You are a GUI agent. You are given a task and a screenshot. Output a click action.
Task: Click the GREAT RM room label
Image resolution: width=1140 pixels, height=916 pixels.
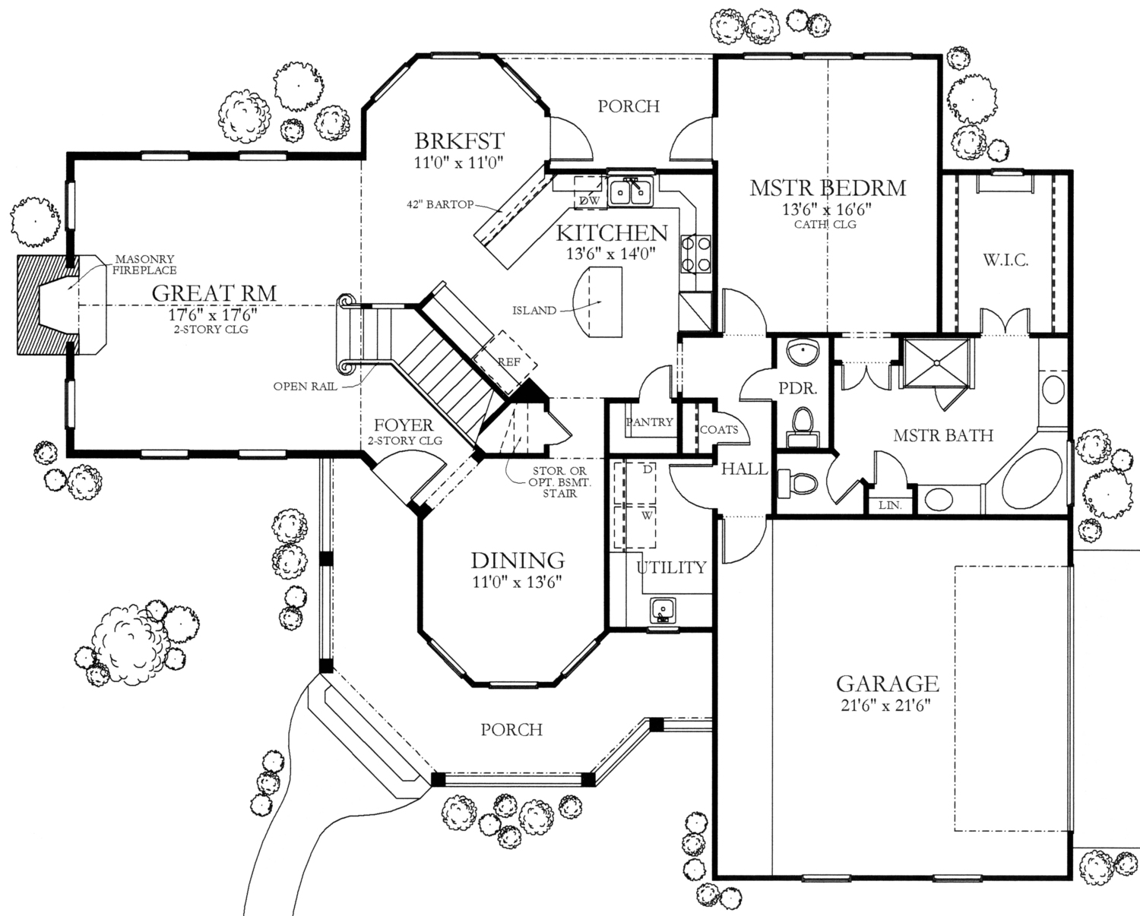[214, 292]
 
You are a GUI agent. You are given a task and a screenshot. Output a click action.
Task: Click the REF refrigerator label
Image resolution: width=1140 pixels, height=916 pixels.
[508, 362]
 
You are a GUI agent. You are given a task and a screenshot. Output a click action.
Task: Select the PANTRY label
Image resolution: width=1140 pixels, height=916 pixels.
[650, 422]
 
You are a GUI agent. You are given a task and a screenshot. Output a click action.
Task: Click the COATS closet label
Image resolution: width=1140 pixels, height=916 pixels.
[718, 429]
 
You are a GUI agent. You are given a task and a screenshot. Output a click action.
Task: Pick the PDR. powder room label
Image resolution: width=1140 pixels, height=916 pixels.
[798, 388]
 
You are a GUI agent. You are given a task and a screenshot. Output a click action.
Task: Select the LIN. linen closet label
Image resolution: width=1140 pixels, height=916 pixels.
[889, 504]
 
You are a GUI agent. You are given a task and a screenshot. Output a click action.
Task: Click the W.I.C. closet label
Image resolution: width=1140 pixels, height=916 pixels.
[1005, 261]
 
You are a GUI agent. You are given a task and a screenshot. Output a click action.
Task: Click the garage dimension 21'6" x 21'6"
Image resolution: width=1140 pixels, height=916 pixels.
[887, 704]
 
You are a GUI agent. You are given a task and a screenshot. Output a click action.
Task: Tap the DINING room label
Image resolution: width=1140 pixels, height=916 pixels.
[518, 561]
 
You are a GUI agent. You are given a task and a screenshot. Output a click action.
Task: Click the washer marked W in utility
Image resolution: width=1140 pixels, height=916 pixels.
[647, 514]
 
